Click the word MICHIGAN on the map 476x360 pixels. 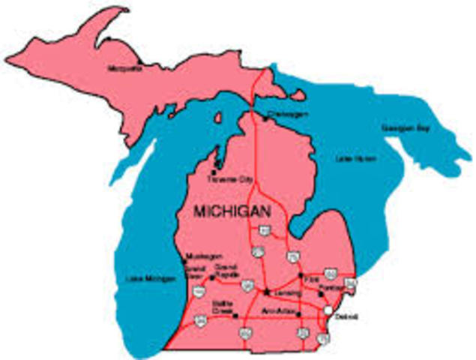click(x=232, y=213)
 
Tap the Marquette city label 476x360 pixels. click(x=126, y=68)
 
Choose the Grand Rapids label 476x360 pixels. click(x=226, y=269)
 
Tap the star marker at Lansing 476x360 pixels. click(x=266, y=289)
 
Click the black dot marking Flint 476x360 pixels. click(x=301, y=275)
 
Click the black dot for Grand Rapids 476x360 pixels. click(x=212, y=277)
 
